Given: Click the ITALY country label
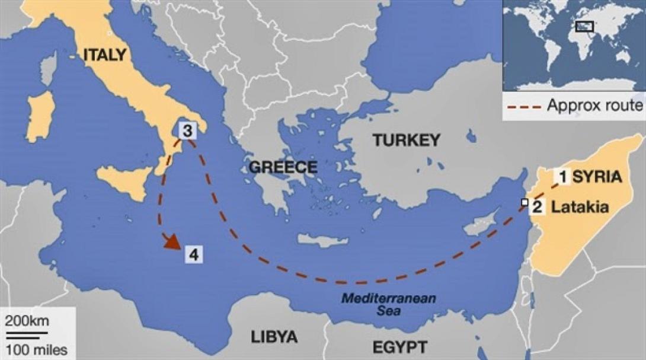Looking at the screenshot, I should (105, 56).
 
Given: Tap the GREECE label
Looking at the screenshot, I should (282, 167).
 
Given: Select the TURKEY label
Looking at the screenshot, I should (406, 141).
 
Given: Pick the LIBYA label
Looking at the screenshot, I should (274, 337).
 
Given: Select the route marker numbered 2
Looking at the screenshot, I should (537, 207).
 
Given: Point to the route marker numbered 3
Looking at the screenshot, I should (187, 131).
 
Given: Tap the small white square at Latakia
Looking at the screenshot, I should (525, 202).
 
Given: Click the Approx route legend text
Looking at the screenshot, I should (594, 106).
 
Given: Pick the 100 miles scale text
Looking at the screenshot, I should (37, 349).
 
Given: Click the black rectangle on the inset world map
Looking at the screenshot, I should (584, 26).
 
